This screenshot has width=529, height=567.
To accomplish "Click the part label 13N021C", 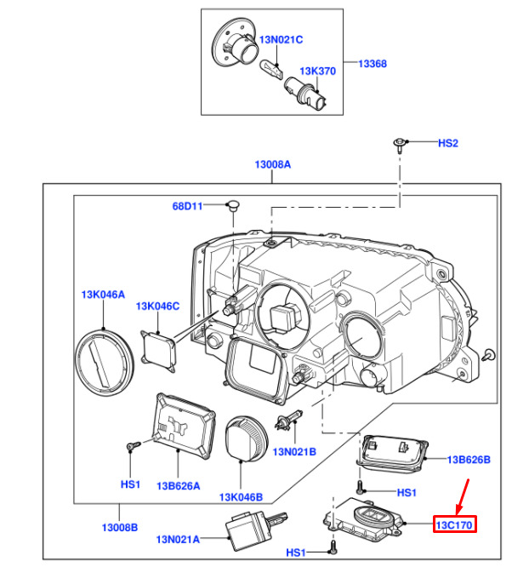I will click(x=281, y=39).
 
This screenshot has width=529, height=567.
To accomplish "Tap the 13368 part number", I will click(x=372, y=63).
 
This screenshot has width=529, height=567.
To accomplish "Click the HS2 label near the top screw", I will click(x=447, y=143).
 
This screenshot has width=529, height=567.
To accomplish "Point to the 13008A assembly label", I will click(x=272, y=165).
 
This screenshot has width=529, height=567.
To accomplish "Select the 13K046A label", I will click(x=103, y=295).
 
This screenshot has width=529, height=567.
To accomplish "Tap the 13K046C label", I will click(x=158, y=306).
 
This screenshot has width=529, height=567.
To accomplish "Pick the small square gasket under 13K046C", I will click(x=161, y=348).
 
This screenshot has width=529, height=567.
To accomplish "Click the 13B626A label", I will click(x=178, y=485).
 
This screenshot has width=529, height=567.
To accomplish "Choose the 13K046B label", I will click(x=241, y=496).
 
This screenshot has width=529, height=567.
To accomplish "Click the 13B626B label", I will click(x=469, y=460).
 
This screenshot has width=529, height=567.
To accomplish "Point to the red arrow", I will click(x=460, y=496).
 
